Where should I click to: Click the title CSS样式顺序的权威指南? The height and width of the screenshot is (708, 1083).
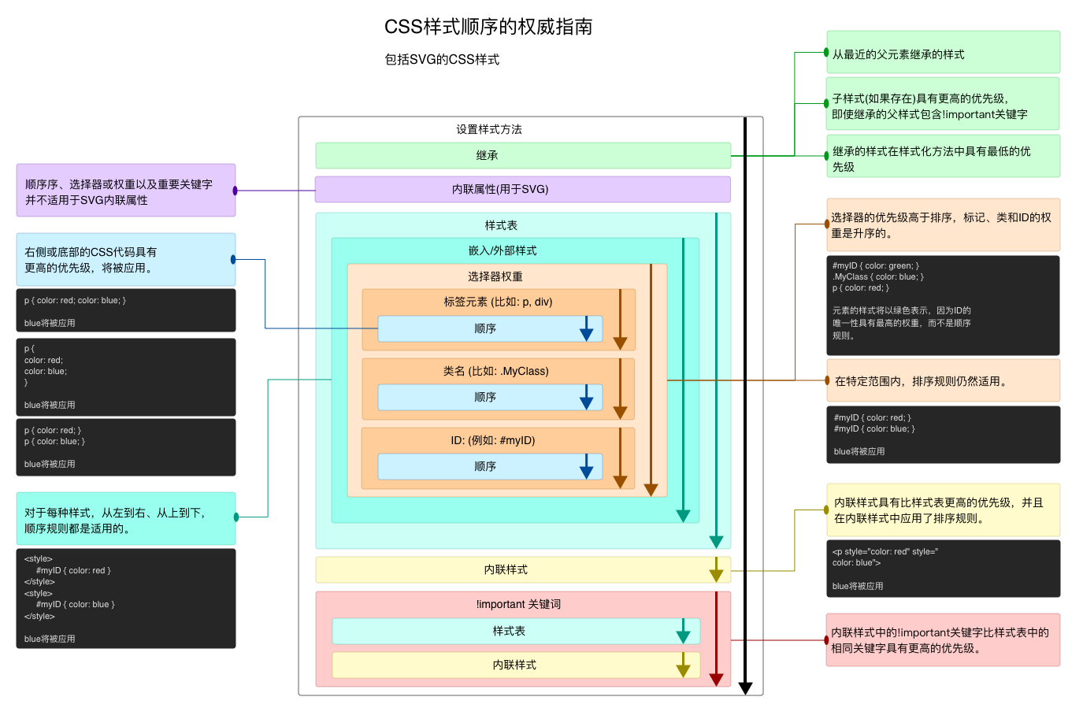[x=488, y=27]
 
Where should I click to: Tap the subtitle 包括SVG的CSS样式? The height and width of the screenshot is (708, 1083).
[x=442, y=59]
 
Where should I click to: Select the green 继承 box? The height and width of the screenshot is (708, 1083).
[x=523, y=155]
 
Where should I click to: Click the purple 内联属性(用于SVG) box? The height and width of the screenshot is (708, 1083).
[x=523, y=189]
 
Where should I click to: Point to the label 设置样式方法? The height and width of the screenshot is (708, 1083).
[x=489, y=129]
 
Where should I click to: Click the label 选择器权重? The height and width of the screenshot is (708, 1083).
[x=495, y=276]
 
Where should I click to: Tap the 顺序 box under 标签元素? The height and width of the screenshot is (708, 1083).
[x=490, y=328]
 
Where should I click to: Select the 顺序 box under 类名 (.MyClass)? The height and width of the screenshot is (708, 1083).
[x=490, y=397]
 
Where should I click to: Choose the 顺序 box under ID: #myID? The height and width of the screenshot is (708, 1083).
[x=490, y=466]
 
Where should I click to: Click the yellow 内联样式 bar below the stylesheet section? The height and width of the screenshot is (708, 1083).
[x=523, y=569]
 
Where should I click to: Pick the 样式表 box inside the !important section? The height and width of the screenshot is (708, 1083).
[x=516, y=631]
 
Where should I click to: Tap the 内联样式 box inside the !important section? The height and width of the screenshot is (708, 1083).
[x=516, y=665]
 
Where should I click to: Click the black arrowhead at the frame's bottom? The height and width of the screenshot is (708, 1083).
[x=746, y=688]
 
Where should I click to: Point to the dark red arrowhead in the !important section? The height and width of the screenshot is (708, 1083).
[x=716, y=680]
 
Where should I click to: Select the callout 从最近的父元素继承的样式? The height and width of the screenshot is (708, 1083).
[x=944, y=52]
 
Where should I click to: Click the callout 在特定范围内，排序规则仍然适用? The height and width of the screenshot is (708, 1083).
[x=944, y=380]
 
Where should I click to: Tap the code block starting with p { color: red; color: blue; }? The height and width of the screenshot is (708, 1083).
[x=126, y=310]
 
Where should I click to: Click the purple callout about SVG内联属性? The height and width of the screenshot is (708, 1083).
[x=126, y=190]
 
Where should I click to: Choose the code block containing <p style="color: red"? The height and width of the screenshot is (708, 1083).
[x=944, y=569]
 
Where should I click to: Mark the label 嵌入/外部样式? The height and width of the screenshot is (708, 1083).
[x=503, y=250]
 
